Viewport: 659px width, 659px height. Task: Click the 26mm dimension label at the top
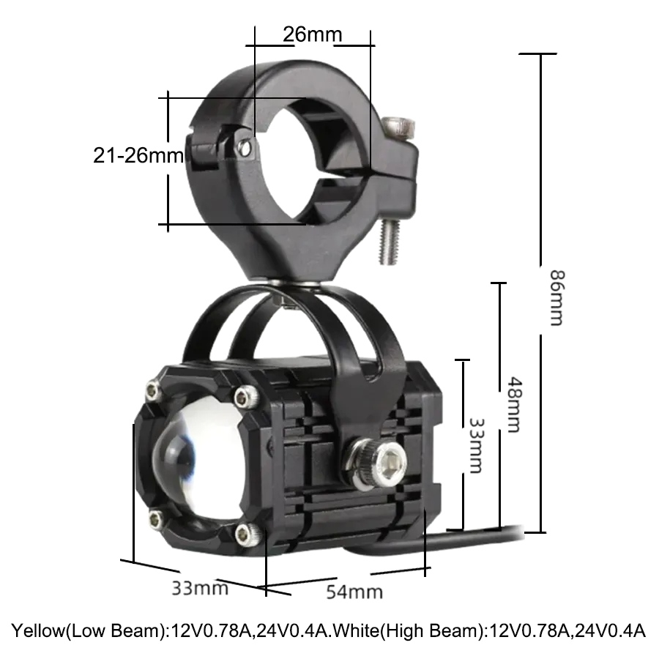[312, 34]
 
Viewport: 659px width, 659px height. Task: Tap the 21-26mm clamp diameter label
[138, 155]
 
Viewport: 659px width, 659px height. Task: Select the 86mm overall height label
[558, 298]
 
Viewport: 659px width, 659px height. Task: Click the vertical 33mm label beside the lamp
[477, 445]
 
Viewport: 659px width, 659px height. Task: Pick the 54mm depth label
[354, 592]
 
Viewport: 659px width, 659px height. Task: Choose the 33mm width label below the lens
[200, 588]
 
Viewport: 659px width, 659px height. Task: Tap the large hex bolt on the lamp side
[376, 463]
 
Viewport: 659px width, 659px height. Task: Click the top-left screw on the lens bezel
[154, 391]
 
